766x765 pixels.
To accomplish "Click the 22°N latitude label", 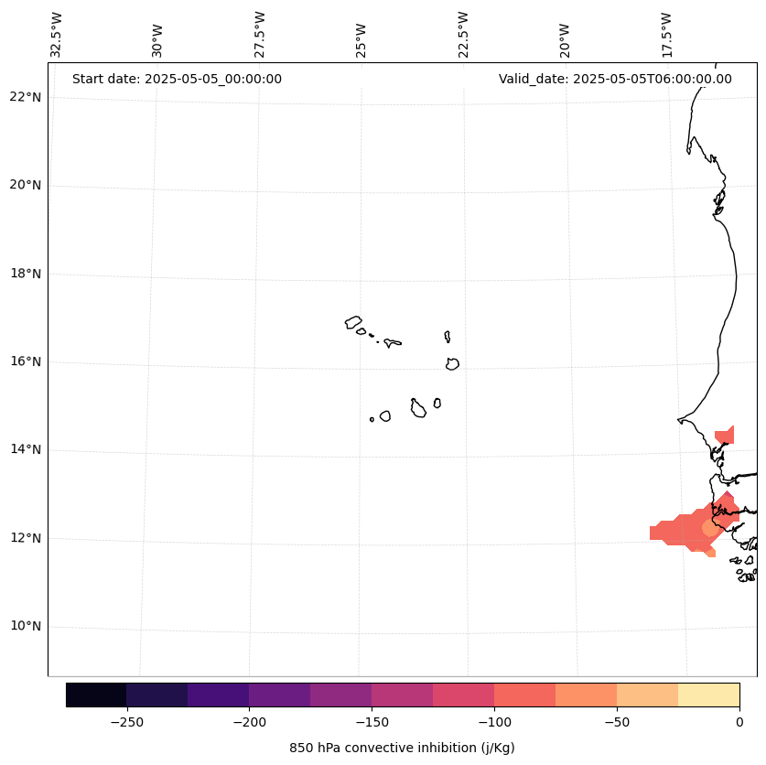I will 26,97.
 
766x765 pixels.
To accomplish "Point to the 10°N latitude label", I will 26,626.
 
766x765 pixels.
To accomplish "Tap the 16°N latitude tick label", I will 26,361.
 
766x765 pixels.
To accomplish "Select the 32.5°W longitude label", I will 57,35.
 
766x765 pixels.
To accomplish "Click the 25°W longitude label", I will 361,39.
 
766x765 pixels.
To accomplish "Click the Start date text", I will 177,79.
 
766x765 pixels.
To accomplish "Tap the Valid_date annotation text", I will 615,79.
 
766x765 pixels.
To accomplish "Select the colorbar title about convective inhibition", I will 402,748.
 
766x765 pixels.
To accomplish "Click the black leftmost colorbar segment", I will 96,695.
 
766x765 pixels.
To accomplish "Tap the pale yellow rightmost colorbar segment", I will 708,695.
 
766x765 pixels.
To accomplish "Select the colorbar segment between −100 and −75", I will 524,695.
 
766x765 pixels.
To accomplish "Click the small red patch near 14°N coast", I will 725,436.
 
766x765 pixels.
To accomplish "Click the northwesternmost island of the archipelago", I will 353,322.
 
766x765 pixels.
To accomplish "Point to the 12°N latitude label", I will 26,538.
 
